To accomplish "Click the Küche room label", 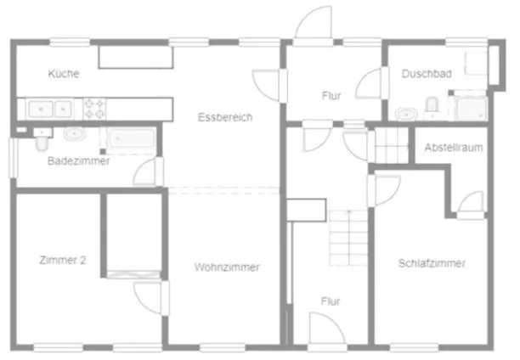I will (64, 74).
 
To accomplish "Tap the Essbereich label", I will (224, 117).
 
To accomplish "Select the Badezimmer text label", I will (78, 161).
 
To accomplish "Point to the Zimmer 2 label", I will (63, 261).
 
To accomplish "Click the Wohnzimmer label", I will (227, 267).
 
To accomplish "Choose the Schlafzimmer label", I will (432, 264).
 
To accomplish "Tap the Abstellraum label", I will (454, 148).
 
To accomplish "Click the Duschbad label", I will (427, 74).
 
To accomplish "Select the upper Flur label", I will (331, 96).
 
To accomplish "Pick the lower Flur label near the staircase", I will (331, 301).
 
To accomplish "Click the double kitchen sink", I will (50, 109).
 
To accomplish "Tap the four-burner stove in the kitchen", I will (93, 109).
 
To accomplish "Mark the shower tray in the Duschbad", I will (468, 108).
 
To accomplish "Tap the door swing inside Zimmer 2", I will (148, 297).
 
